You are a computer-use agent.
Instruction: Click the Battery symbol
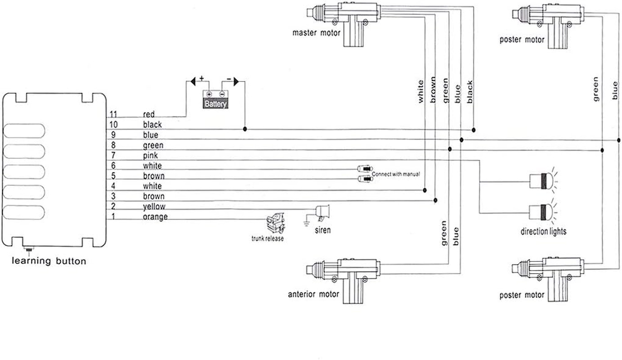[215, 99]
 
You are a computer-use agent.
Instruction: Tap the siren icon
[322, 213]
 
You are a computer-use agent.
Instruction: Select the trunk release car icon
[275, 223]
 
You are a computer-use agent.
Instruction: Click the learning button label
[49, 261]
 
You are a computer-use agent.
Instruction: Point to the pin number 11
[113, 114]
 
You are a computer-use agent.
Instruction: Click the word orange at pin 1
[155, 217]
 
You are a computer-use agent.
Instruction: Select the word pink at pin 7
[150, 156]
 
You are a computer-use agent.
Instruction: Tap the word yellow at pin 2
[154, 207]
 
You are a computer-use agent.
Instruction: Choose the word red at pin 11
[149, 114]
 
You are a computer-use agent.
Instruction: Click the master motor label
[316, 33]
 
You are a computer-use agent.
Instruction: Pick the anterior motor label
[313, 294]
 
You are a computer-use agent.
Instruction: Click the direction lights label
[543, 231]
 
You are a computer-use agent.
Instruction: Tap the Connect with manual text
[396, 174]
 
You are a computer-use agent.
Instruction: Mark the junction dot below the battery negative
[245, 129]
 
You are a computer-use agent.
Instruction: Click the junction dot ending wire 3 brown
[435, 200]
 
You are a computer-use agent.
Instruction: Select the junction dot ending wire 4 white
[425, 190]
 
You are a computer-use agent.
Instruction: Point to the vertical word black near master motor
[470, 92]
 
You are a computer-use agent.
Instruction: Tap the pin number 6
[113, 166]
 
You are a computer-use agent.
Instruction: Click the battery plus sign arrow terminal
[193, 81]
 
